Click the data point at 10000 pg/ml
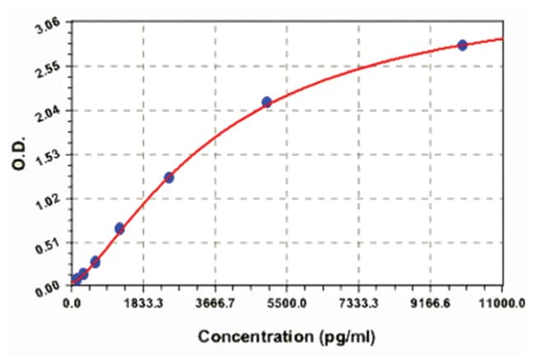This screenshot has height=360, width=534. tap(463, 44)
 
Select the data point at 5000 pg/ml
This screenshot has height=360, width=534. tap(267, 102)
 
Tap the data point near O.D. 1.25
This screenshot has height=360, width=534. tap(169, 177)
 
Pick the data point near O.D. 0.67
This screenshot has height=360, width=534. tap(120, 228)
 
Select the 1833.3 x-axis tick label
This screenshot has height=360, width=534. tap(144, 303)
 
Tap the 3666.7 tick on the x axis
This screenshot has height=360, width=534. tap(215, 303)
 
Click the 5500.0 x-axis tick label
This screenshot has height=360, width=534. tap(288, 303)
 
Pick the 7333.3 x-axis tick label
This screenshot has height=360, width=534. tap(359, 303)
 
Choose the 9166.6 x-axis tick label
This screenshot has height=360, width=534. tap(430, 303)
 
